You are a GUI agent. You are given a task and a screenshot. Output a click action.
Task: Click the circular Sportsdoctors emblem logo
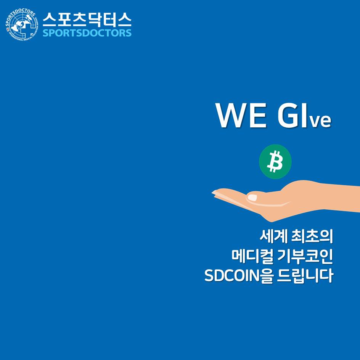21,25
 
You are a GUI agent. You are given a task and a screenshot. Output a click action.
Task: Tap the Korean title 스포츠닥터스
87,19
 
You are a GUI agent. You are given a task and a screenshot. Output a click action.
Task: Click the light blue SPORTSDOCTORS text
87,33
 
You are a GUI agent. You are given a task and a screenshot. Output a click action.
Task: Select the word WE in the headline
241,115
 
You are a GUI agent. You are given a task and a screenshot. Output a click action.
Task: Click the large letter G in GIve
288,115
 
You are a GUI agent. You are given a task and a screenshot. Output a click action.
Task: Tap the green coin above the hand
275,161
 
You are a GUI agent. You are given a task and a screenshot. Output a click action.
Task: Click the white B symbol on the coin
275,161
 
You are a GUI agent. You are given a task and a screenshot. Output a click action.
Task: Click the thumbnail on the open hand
252,198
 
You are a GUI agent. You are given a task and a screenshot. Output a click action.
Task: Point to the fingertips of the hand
214,193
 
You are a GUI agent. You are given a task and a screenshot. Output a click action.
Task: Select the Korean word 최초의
312,236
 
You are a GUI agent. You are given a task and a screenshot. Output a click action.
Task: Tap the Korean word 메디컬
252,256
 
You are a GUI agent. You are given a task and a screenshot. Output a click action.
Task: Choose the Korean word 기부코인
305,256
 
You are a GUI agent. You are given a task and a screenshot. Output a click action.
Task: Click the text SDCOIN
232,275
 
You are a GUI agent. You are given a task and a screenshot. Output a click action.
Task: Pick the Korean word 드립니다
305,275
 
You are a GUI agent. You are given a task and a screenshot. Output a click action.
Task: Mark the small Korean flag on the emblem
7,29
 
